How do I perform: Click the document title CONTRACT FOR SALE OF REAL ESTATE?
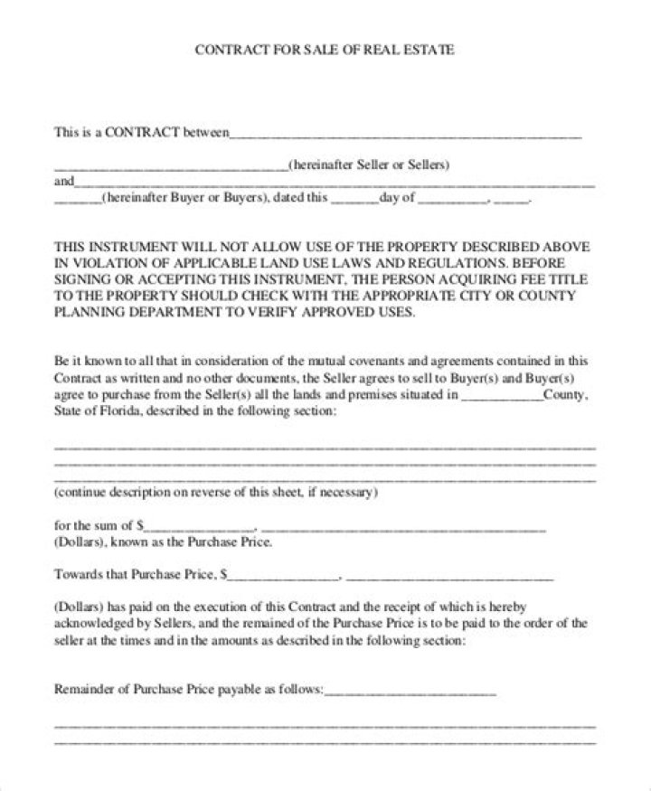pyautogui.click(x=325, y=50)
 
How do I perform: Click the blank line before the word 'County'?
pyautogui.click(x=502, y=395)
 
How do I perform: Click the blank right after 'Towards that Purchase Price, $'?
pyautogui.click(x=286, y=575)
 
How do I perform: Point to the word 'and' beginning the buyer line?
pyautogui.click(x=64, y=181)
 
